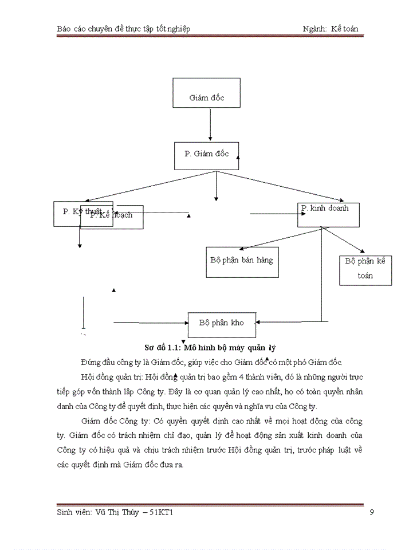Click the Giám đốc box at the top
click(x=207, y=98)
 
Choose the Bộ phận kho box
click(x=222, y=324)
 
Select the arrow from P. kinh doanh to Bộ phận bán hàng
click(x=281, y=238)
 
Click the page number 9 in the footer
click(x=372, y=512)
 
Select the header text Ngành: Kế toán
click(x=335, y=29)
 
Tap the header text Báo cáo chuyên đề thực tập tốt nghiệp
click(x=124, y=29)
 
